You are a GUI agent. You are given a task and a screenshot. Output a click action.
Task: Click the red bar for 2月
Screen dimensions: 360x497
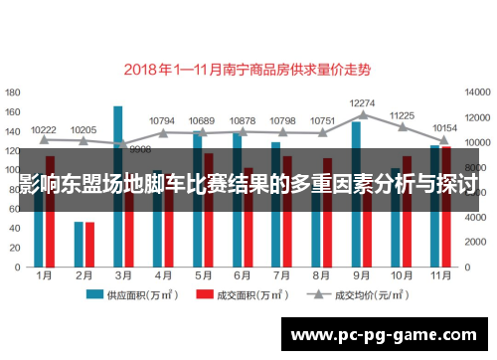click(90, 240)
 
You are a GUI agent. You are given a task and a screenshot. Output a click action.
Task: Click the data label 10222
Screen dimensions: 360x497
click(44, 129)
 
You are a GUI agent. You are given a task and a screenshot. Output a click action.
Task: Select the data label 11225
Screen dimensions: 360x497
click(402, 114)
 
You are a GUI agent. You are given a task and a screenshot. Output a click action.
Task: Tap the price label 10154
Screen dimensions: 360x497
click(445, 128)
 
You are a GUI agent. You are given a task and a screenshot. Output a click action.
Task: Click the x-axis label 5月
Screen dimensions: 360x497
click(204, 274)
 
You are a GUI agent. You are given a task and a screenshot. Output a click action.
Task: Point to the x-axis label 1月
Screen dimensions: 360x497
click(45, 274)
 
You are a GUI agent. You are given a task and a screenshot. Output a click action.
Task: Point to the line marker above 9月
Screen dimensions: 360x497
click(362, 115)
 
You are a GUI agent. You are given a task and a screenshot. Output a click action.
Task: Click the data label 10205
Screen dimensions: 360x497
click(83, 129)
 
